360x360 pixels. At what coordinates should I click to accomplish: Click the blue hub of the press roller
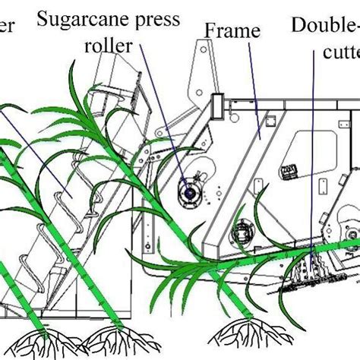click(x=186, y=194)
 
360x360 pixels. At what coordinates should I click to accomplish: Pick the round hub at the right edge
click(x=352, y=232)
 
